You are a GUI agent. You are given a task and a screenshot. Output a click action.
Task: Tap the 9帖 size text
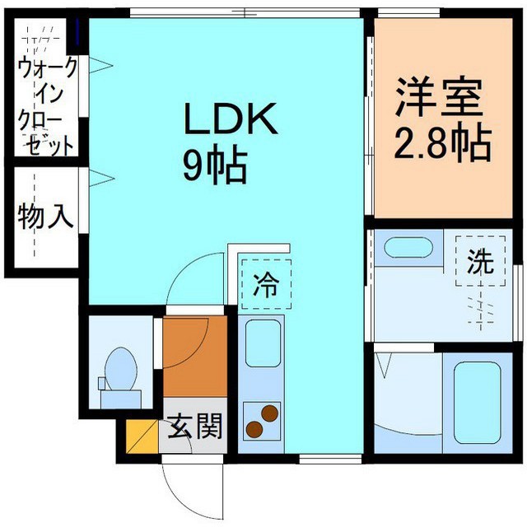coord(215,167)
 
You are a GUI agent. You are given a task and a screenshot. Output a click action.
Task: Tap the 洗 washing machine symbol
coord(480,263)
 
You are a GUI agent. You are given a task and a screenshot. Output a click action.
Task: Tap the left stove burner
coord(254,427)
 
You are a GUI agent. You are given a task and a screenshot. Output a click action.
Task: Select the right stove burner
coord(268,413)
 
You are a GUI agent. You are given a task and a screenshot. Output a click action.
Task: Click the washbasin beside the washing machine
coord(404,248)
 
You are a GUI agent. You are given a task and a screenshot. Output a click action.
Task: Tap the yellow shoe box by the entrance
coord(141,436)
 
